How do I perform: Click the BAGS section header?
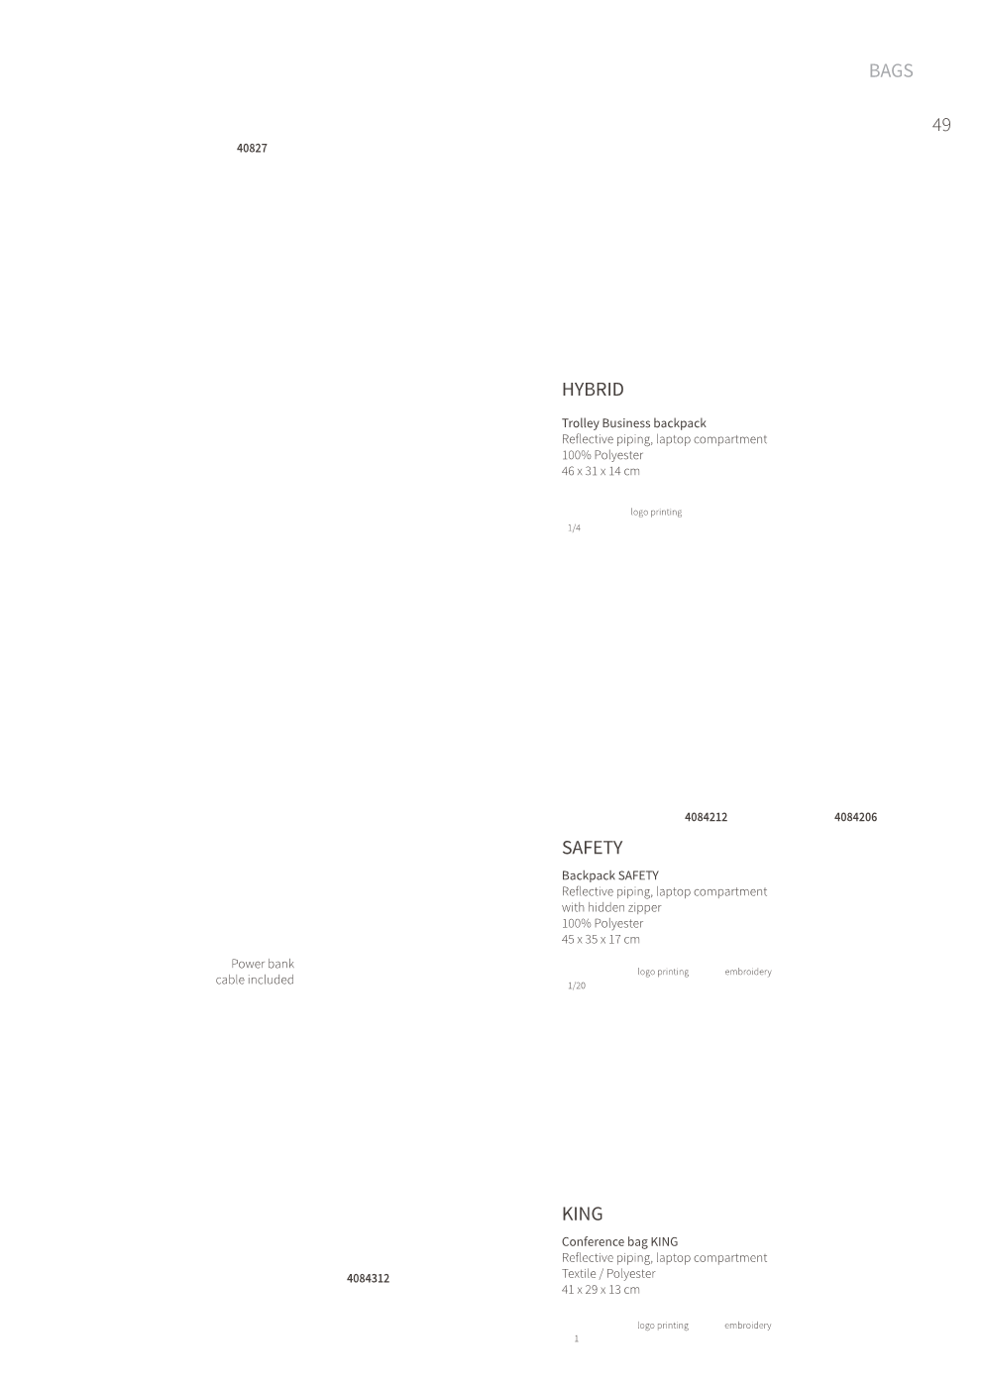891,70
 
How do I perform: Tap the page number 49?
940,125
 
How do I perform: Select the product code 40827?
252,148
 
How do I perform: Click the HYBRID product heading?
593,390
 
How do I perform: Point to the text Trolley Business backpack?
633,423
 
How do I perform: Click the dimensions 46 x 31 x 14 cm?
601,471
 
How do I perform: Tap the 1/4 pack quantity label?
574,527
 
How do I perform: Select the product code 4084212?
707,817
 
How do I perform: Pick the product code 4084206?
856,817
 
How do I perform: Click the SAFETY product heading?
592,848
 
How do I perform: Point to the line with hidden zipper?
611,907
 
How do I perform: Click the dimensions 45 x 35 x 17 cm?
601,939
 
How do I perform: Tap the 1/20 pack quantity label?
577,985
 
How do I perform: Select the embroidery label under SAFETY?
748,972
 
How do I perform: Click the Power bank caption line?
263,964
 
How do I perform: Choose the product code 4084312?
368,1278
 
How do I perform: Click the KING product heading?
582,1214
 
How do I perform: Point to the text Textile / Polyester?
608,1273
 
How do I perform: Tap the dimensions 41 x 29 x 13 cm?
601,1289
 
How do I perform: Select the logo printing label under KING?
663,1326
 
